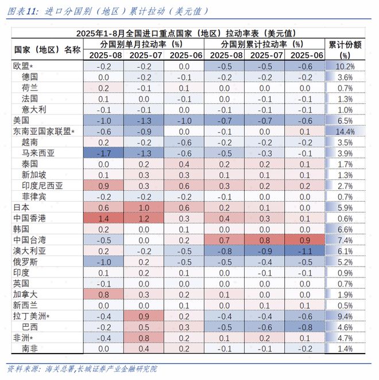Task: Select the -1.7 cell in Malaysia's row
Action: pyautogui.click(x=104, y=153)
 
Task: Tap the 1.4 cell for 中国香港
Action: pyautogui.click(x=104, y=218)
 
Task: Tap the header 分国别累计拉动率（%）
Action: pyautogui.click(x=265, y=44)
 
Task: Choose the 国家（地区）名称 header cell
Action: pyautogui.click(x=47, y=49)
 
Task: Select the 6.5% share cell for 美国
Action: pyautogui.click(x=345, y=120)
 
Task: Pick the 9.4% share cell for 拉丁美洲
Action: pyautogui.click(x=345, y=316)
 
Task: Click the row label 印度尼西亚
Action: pyautogui.click(x=42, y=186)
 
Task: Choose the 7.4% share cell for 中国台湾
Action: pyautogui.click(x=345, y=240)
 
